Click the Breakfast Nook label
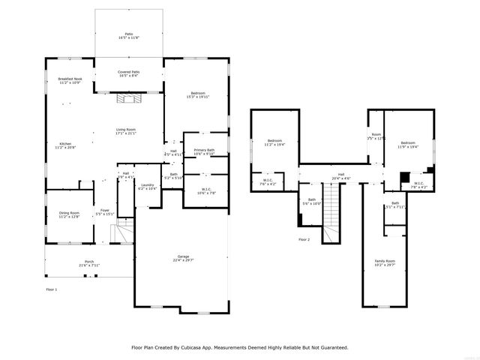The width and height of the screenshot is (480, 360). coord(70,80)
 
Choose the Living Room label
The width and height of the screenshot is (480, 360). coord(125,131)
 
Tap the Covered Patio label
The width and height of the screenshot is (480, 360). coord(128,73)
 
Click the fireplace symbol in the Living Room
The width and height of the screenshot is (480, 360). coord(128,97)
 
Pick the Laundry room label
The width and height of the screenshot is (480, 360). coord(147,187)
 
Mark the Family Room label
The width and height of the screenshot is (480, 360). coord(385,262)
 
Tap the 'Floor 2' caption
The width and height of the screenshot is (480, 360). coord(304,239)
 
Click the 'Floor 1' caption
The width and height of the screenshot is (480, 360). coord(52,288)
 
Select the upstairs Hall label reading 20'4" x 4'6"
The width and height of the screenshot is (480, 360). coord(341,176)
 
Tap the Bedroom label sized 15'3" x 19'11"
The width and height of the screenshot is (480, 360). coord(198,94)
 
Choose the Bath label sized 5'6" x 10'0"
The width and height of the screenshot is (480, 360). coord(312,202)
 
